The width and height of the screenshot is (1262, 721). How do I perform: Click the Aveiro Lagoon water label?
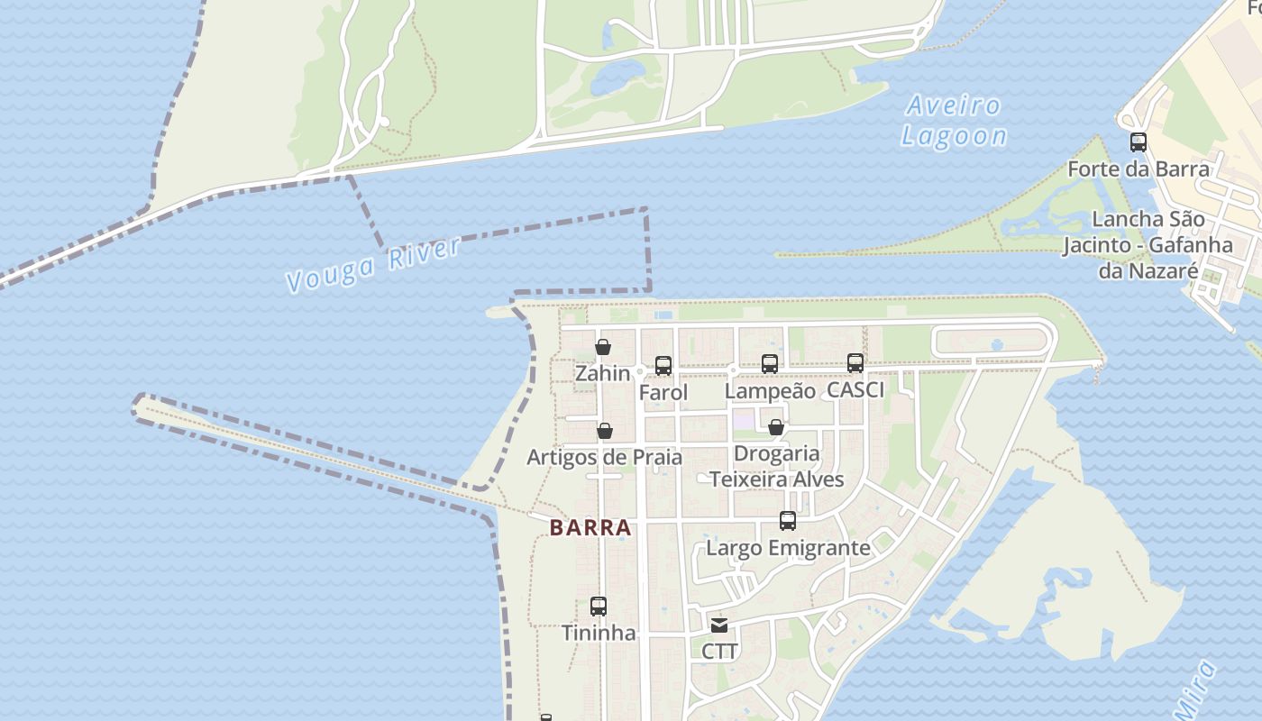[x=954, y=121]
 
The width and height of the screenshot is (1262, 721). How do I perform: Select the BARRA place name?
[x=590, y=528]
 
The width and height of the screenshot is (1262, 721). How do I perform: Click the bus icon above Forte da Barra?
[x=1139, y=141]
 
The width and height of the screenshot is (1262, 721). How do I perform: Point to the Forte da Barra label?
[x=1138, y=169]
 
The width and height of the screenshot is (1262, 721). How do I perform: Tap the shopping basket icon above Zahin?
[x=603, y=347]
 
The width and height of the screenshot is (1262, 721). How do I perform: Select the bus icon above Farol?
[x=663, y=365]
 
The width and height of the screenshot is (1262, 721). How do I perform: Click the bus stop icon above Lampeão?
[x=770, y=363]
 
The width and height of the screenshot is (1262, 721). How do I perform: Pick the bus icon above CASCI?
[x=855, y=362]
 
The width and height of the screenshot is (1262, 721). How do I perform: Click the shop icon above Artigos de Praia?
[x=605, y=432]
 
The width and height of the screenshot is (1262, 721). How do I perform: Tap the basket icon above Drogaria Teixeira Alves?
[x=775, y=426]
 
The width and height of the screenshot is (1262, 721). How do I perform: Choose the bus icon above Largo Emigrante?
[x=788, y=521]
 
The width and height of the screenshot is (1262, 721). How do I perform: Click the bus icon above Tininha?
[x=599, y=607]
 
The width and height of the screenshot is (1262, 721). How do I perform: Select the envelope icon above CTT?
[x=719, y=625]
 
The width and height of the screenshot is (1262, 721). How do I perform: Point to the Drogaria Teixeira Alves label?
[x=776, y=466]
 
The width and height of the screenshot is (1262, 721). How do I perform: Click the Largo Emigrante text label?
[x=788, y=548]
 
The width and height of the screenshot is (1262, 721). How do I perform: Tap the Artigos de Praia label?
[x=604, y=457]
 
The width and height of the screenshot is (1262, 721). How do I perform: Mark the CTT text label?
[x=719, y=651]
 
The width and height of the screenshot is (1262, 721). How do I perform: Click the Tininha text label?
[x=599, y=633]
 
